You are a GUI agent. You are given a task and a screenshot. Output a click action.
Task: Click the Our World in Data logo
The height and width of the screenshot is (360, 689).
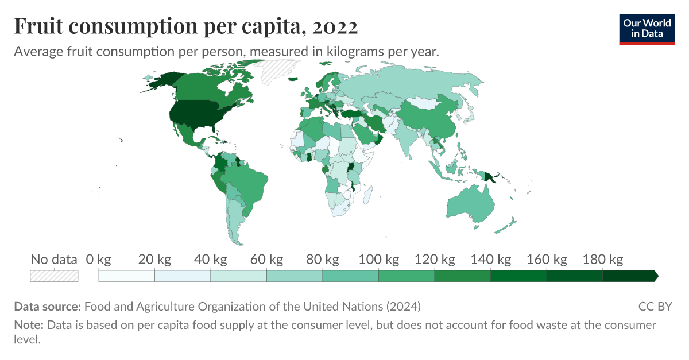click(647, 28)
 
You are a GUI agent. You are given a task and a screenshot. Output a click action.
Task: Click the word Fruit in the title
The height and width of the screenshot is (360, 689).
click(38, 26)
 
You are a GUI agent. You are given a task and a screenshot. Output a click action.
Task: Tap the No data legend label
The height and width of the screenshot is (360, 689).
click(53, 260)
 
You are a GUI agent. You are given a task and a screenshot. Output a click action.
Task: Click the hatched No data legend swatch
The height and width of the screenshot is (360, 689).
click(54, 276)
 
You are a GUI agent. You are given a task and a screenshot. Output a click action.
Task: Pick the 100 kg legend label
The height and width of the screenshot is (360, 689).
click(378, 260)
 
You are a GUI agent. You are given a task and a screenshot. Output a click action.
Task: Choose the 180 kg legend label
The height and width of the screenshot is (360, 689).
click(602, 260)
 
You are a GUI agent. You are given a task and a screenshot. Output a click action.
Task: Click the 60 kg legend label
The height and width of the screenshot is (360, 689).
click(266, 260)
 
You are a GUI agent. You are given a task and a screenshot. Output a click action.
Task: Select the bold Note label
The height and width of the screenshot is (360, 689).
click(28, 325)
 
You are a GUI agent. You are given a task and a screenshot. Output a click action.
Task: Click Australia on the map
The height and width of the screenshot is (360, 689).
click(469, 203)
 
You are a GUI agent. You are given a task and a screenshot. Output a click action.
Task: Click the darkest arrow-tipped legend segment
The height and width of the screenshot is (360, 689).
click(629, 276)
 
